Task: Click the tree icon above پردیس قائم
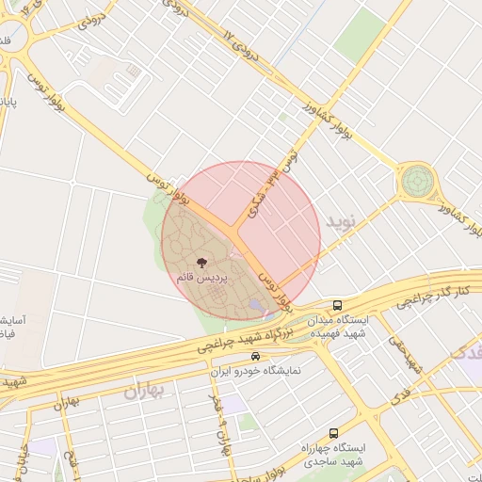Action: (x=201, y=263)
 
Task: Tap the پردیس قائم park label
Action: (x=200, y=279)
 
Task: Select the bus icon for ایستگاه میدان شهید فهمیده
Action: (x=338, y=305)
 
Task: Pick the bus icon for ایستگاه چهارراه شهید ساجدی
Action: (x=333, y=433)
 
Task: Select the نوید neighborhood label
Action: (x=343, y=220)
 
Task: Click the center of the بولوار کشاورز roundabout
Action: (x=415, y=181)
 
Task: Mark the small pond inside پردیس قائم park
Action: (x=257, y=305)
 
